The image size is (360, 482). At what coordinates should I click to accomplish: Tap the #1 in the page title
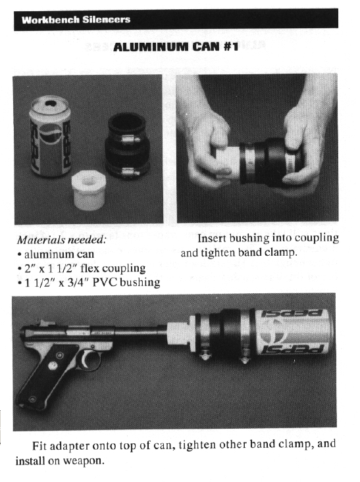[x=231, y=47]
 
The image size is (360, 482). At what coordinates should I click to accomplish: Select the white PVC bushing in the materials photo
[x=89, y=190]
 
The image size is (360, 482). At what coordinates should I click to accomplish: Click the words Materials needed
[x=62, y=240]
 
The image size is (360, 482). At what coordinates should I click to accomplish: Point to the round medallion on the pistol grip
[x=53, y=366]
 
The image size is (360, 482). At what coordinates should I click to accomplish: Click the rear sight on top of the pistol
[x=42, y=323]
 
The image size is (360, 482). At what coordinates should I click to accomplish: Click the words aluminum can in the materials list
[x=59, y=254]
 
